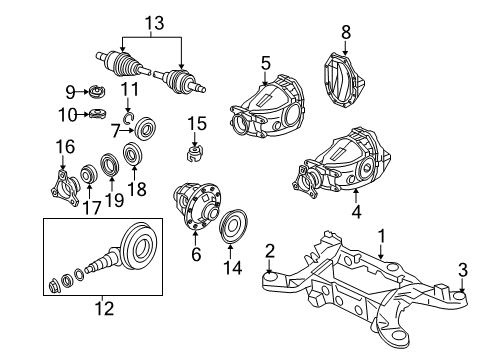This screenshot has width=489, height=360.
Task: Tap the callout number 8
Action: pos(347,32)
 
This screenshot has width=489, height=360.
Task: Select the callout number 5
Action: pos(265,63)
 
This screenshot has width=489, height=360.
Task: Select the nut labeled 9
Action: pos(98,93)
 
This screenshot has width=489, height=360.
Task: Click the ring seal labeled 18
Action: pos(131,155)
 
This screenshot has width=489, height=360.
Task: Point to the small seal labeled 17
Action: pos(89,175)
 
